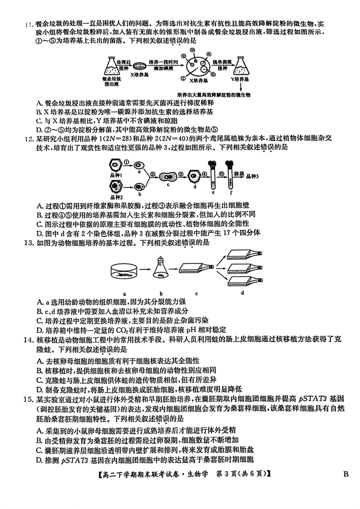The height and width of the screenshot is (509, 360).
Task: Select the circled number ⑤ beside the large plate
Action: click(213, 75)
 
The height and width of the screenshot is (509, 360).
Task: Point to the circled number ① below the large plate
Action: click(183, 78)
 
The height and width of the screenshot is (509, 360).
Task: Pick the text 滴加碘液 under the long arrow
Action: click(164, 68)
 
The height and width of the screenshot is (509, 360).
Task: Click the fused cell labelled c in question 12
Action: click(167, 176)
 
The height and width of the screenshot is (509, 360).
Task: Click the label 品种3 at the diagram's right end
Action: click(252, 176)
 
